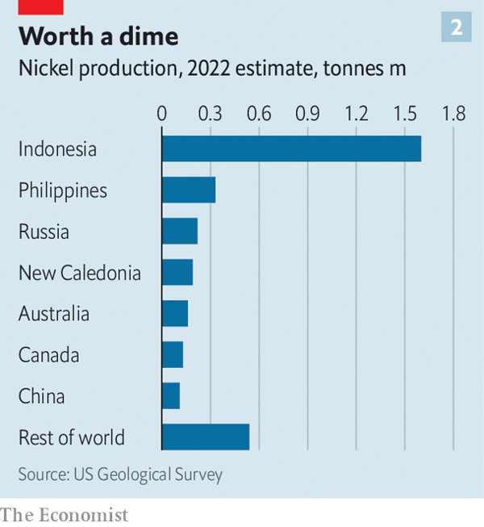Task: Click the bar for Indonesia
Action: point(291,149)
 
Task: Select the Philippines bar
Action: point(189,190)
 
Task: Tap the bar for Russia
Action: point(180,232)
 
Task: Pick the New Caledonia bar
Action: point(177,273)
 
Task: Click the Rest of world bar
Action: point(206,437)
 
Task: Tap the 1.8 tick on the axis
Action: point(453,113)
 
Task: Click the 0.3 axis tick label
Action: point(211,113)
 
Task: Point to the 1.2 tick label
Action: point(356,113)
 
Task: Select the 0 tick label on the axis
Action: point(162,113)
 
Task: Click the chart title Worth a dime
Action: point(98,36)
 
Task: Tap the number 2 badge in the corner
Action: point(457,27)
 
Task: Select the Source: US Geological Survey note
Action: point(120,474)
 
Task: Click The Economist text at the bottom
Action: point(65,514)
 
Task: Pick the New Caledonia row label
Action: point(80,273)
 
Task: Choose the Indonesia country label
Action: point(57,149)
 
